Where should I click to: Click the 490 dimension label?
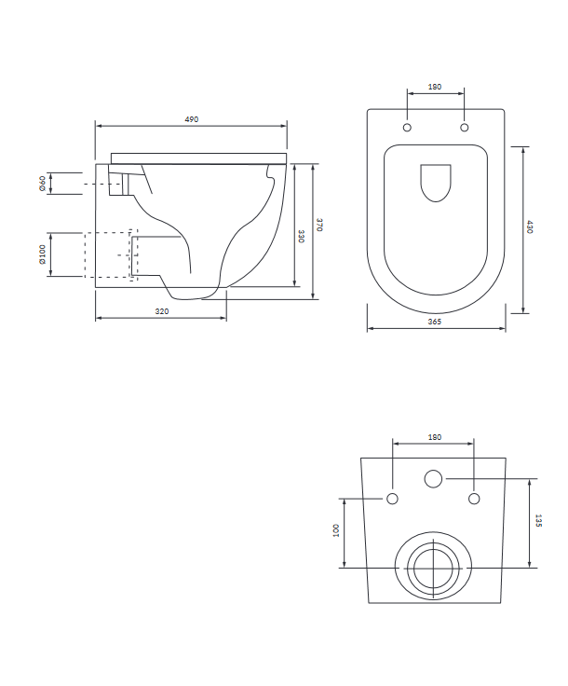tap(192, 119)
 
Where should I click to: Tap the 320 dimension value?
tap(162, 311)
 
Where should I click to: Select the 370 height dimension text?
tap(319, 225)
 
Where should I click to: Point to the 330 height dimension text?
tap(301, 236)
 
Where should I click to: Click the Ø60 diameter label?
tap(43, 184)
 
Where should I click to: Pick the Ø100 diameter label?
tap(43, 254)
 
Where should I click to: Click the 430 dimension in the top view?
tap(529, 227)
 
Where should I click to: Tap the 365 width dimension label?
tap(434, 322)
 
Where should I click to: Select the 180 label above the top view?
tap(435, 87)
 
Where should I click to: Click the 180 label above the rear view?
tap(435, 437)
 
